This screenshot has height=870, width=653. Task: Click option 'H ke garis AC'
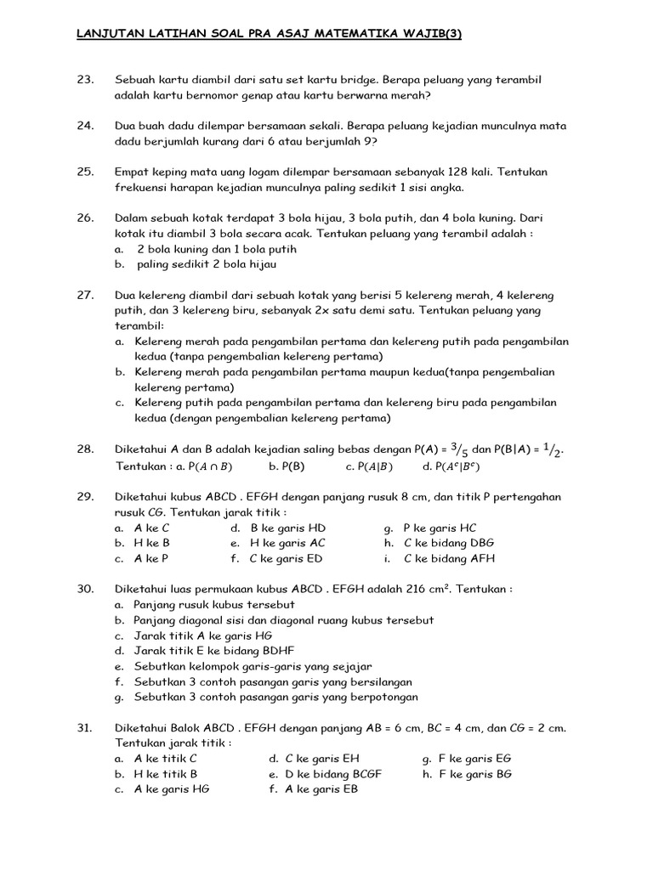point(287,543)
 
